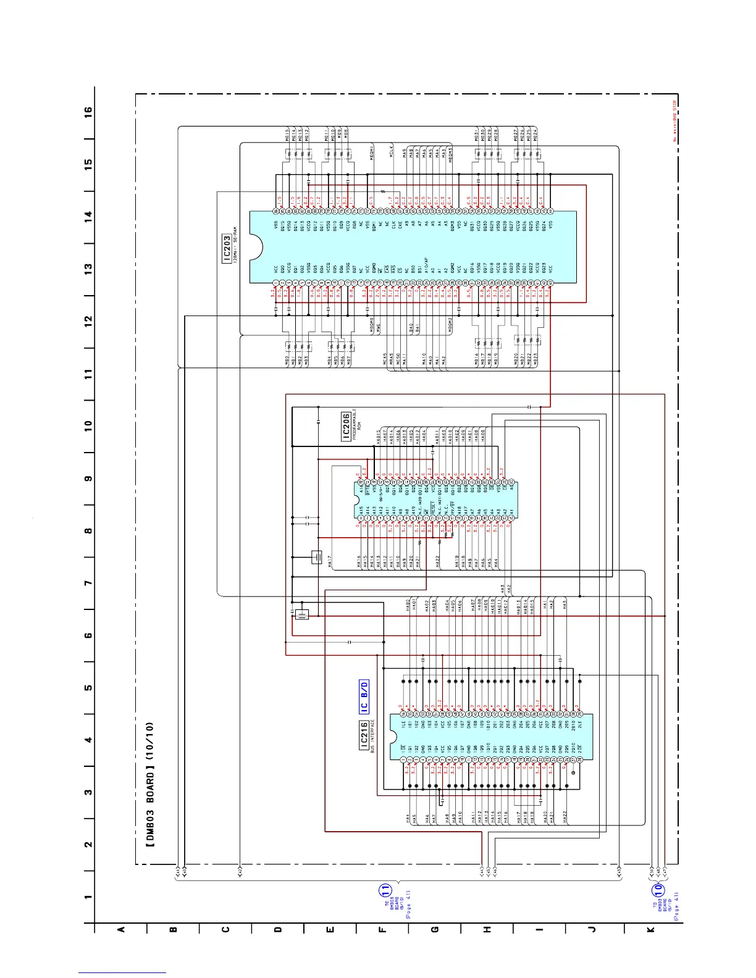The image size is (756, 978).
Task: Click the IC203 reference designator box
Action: coord(227,248)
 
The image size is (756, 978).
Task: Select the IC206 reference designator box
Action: coord(346,426)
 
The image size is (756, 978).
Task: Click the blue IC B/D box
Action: coord(364,697)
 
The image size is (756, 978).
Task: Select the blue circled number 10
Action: coord(658,890)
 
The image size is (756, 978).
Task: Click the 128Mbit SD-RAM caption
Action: coord(236,248)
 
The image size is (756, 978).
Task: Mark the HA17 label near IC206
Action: coord(330,562)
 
